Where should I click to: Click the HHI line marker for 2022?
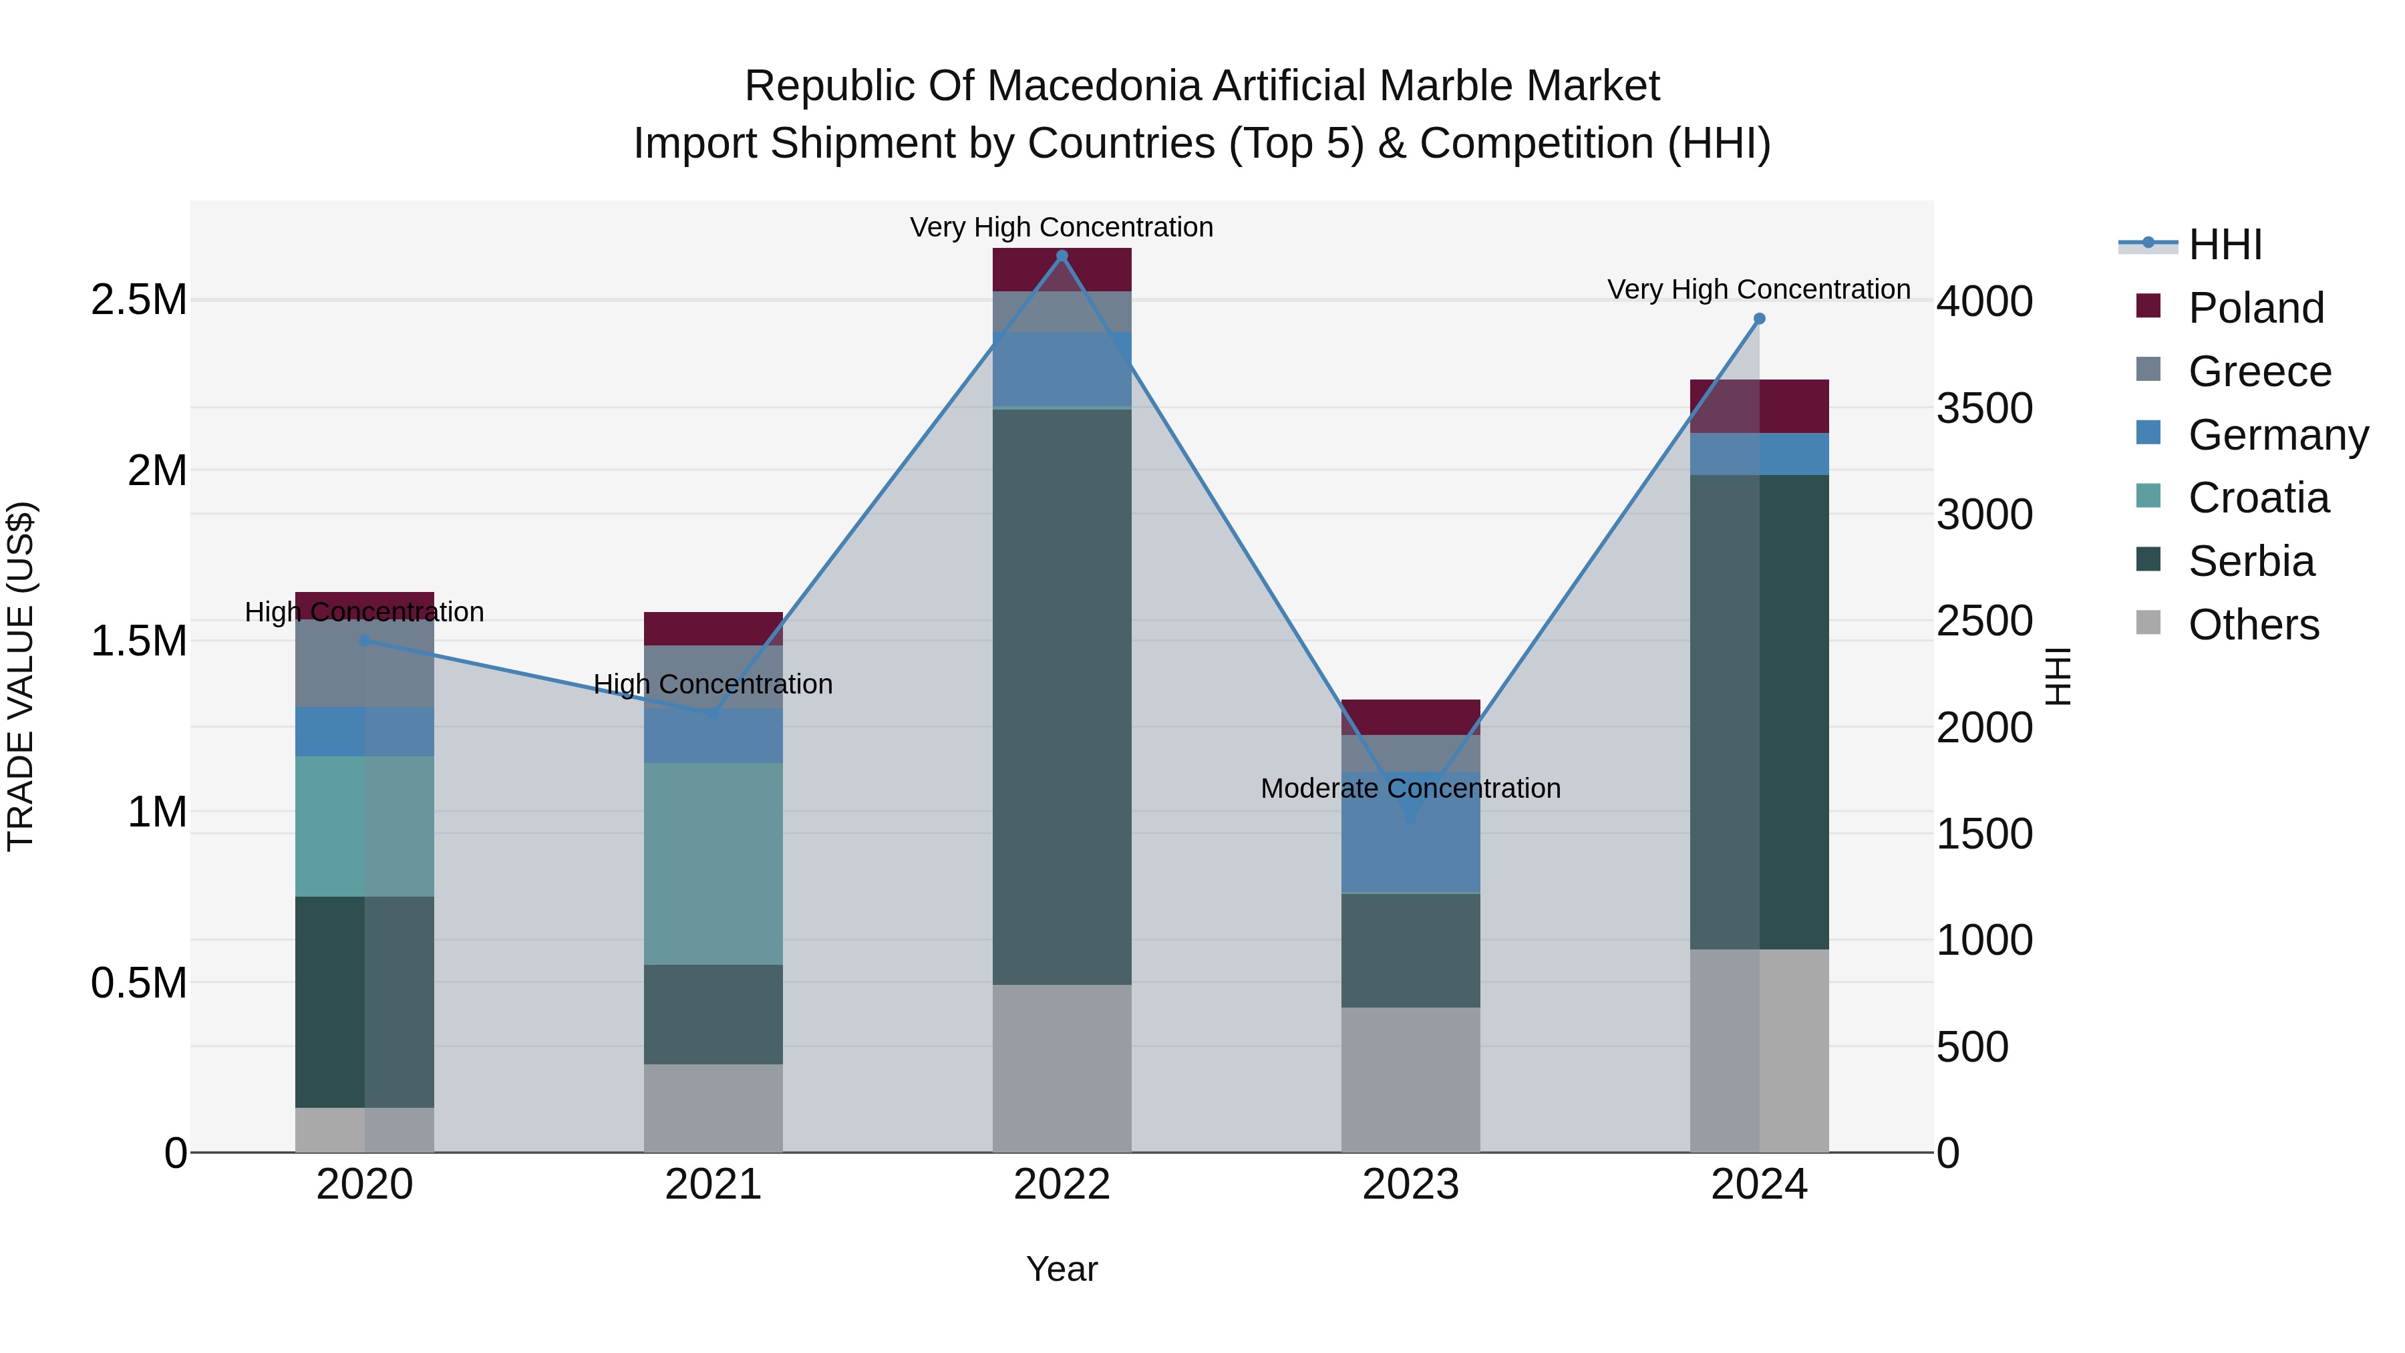[1062, 256]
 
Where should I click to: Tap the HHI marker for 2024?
[1759, 319]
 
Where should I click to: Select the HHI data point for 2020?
[364, 641]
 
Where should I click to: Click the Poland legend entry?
[2255, 308]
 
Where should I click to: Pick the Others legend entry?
[2253, 625]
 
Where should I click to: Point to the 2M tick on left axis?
[157, 470]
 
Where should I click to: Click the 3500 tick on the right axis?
[1984, 408]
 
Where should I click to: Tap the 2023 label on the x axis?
[1410, 1185]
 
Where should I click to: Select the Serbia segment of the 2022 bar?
[1062, 696]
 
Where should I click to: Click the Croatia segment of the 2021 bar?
[713, 864]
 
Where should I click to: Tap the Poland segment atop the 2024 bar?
[1759, 406]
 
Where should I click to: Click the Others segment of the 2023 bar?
[1410, 1078]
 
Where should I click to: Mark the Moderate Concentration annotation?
[1410, 788]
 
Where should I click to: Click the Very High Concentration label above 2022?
[1062, 227]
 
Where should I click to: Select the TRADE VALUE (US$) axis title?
[21, 676]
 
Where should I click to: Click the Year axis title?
[1062, 1269]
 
